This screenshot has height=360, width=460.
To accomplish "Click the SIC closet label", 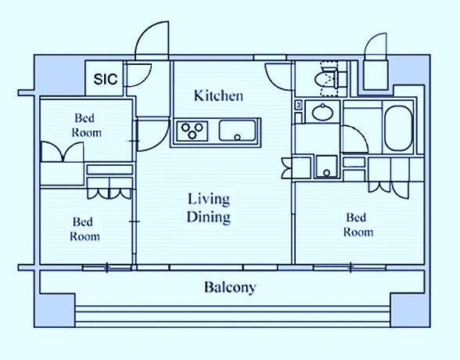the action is click(x=106, y=79).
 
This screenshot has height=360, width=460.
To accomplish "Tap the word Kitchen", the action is click(x=218, y=95).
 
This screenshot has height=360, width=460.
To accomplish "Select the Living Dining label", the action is click(x=209, y=208).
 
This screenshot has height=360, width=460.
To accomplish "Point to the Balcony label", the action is click(x=230, y=287).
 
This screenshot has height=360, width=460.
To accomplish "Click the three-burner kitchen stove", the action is click(x=192, y=131).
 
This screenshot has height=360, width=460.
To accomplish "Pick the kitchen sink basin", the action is click(x=237, y=131).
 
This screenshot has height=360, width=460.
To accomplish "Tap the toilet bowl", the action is click(x=325, y=78).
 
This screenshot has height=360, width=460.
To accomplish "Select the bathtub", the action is click(x=399, y=128).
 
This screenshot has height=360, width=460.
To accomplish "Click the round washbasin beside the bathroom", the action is click(x=322, y=113).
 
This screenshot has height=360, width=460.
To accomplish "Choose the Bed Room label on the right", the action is click(x=358, y=225).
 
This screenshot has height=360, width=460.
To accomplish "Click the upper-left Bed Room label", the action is click(x=87, y=125).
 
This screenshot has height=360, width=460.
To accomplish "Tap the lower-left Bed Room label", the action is click(x=84, y=229).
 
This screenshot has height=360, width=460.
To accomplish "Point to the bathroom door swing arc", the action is click(x=360, y=134).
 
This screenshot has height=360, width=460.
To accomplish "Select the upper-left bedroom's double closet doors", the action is click(x=63, y=152).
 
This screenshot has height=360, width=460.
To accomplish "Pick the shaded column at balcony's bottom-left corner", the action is click(x=55, y=310).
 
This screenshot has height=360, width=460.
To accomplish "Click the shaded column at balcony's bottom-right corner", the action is click(x=410, y=310).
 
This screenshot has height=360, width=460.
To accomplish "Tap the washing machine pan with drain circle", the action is click(x=326, y=167).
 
